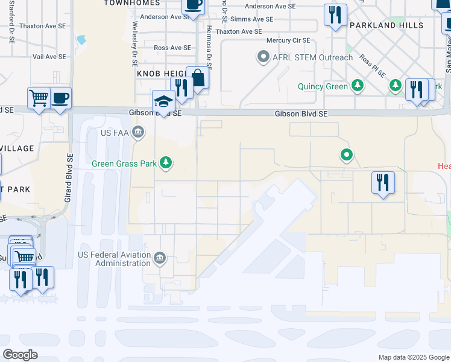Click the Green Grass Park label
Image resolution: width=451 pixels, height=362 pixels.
click(x=124, y=164)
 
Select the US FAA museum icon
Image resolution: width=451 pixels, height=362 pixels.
click(x=138, y=132)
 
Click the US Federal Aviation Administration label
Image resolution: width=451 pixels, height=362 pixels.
click(x=114, y=259)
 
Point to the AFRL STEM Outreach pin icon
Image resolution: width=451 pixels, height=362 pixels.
click(x=263, y=58)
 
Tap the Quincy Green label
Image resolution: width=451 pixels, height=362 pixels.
click(x=323, y=86)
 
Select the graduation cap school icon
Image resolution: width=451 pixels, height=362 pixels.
click(x=164, y=101)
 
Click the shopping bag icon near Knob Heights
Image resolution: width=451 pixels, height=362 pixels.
click(x=197, y=78)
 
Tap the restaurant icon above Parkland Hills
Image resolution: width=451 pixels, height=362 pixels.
click(x=335, y=14)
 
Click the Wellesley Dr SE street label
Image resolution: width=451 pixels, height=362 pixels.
click(x=134, y=45)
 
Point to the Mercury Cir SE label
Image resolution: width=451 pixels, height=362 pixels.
click(x=288, y=40)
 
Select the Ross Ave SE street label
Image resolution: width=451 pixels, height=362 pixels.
click(x=172, y=48)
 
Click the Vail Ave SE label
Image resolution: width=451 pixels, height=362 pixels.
click(x=49, y=57)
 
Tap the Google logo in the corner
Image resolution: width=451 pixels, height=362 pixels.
click(x=20, y=355)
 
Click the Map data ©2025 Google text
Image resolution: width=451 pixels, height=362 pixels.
click(x=413, y=357)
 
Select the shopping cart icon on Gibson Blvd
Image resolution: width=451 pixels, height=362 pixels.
click(x=39, y=98)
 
